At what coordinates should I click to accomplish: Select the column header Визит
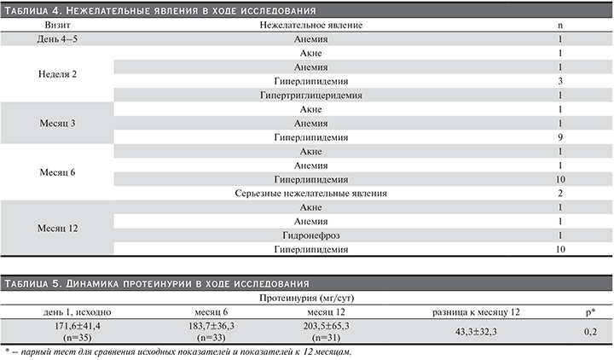tap(59, 25)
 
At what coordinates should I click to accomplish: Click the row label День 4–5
tap(59, 39)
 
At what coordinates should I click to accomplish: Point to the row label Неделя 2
tap(59, 74)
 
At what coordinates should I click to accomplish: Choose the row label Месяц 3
tap(59, 124)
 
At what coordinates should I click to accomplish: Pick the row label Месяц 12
tap(59, 229)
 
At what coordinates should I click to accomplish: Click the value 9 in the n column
tap(559, 137)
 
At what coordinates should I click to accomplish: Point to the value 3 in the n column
tap(559, 81)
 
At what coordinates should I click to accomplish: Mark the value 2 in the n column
tap(559, 194)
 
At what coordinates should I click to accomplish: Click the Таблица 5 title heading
tap(159, 282)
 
